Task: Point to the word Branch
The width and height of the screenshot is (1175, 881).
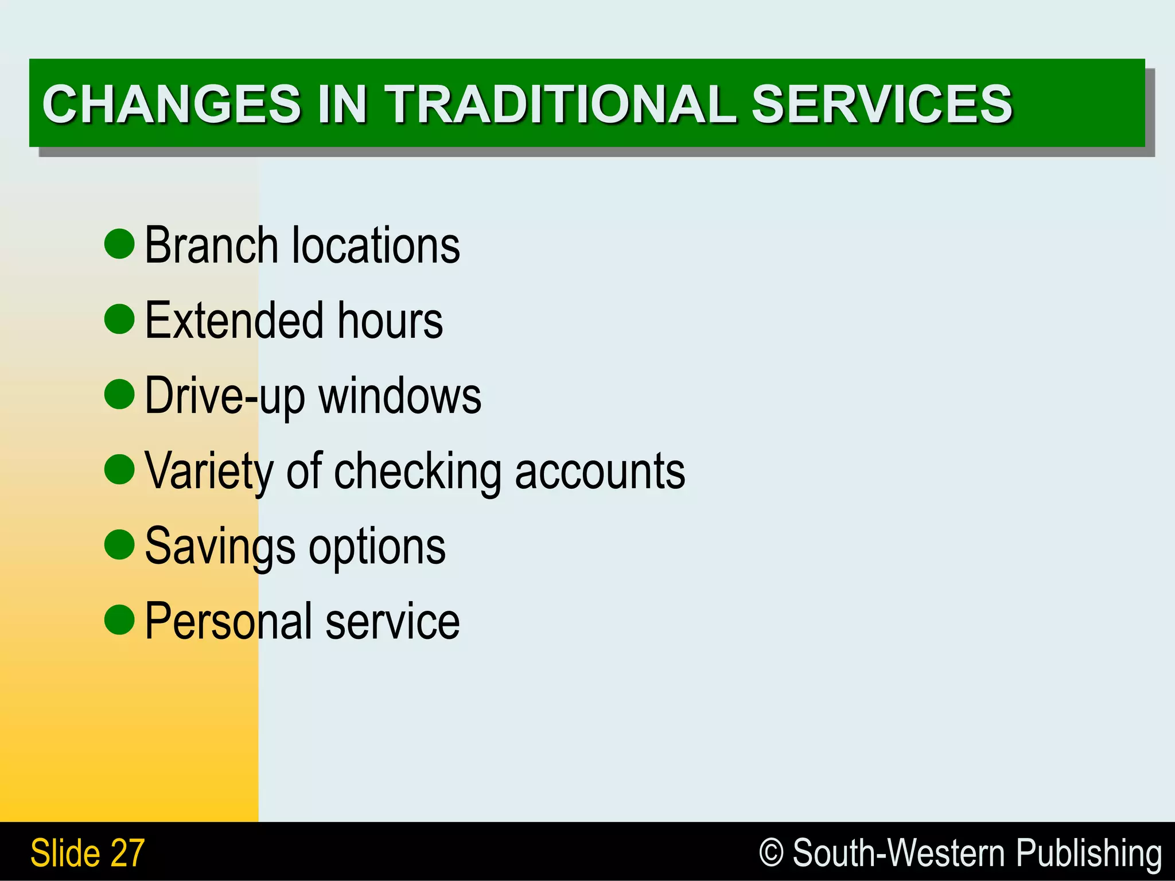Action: click(212, 245)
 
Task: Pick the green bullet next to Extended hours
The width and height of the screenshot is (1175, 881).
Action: click(119, 319)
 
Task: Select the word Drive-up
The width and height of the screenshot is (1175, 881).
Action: click(225, 396)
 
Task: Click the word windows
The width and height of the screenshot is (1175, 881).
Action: click(400, 396)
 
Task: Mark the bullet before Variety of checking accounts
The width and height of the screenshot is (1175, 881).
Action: click(119, 469)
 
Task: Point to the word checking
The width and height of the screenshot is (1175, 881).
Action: click(417, 472)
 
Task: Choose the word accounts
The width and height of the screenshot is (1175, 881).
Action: click(600, 472)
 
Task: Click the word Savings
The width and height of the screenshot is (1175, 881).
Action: click(220, 547)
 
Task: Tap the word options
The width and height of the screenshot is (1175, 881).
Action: click(377, 547)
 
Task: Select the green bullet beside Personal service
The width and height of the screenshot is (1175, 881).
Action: click(119, 619)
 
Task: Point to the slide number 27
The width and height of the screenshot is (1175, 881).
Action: click(128, 853)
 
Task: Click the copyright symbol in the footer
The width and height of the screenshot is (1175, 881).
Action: click(771, 852)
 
